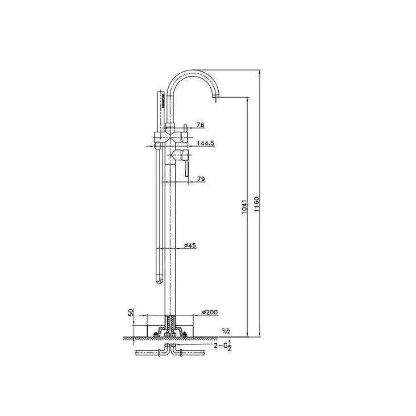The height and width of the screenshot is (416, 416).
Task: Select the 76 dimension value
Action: pyautogui.click(x=199, y=125)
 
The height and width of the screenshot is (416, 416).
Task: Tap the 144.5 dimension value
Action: pyautogui.click(x=205, y=144)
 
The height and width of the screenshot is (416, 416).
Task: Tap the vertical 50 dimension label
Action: pyautogui.click(x=131, y=314)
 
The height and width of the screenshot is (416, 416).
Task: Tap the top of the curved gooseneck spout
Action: pyautogui.click(x=193, y=71)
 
